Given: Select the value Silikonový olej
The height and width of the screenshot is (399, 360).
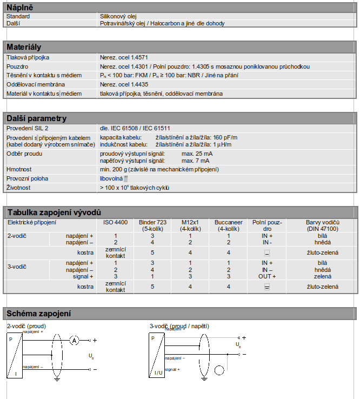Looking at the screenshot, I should (x=118, y=16).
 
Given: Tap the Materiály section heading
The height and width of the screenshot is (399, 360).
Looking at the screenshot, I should (x=23, y=47).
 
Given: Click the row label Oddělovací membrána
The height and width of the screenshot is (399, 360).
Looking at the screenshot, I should (x=36, y=84).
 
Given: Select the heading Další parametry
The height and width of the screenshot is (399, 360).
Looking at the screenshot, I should (x=36, y=118).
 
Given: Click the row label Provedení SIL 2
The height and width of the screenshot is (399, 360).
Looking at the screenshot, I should (x=28, y=128).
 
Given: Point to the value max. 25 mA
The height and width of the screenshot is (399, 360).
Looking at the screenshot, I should (x=197, y=154).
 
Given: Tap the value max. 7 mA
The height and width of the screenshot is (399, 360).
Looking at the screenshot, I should (x=195, y=161).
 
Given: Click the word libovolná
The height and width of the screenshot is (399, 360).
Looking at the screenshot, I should (x=111, y=178).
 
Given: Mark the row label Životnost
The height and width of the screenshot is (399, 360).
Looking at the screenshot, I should (x=18, y=187).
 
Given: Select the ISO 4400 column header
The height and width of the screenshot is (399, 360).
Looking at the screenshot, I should (x=115, y=222).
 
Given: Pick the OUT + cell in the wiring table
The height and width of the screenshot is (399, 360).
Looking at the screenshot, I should (x=267, y=276).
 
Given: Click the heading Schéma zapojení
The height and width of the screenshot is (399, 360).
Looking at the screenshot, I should (x=38, y=314).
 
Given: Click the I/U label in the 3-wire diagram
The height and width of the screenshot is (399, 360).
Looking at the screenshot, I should (x=158, y=373).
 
